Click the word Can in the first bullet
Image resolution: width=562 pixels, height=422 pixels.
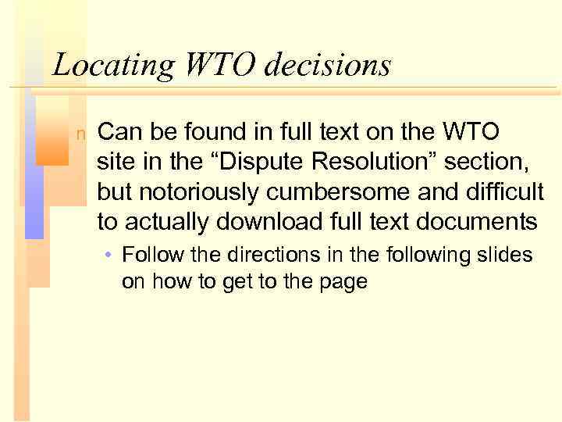click(119, 131)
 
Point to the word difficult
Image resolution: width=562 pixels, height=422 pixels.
click(504, 192)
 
